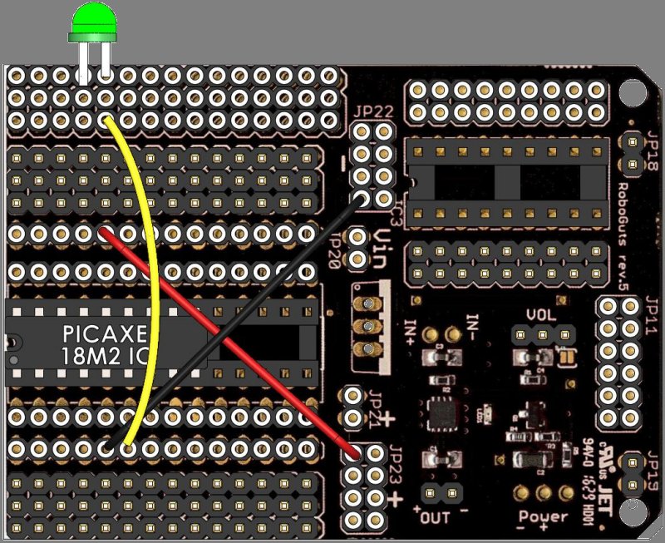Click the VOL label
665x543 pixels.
click(541, 316)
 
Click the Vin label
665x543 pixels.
click(384, 246)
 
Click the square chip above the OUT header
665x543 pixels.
click(439, 413)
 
